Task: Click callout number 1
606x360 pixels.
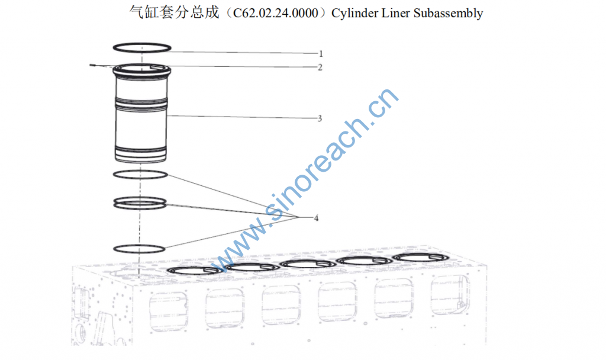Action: pos(320,53)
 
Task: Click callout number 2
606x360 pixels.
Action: pos(320,67)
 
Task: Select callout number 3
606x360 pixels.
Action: pos(320,118)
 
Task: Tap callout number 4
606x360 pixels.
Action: pos(317,218)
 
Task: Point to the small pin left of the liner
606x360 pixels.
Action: pos(93,65)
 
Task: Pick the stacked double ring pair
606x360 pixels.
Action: pos(140,203)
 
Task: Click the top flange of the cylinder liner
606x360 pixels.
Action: pos(142,72)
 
